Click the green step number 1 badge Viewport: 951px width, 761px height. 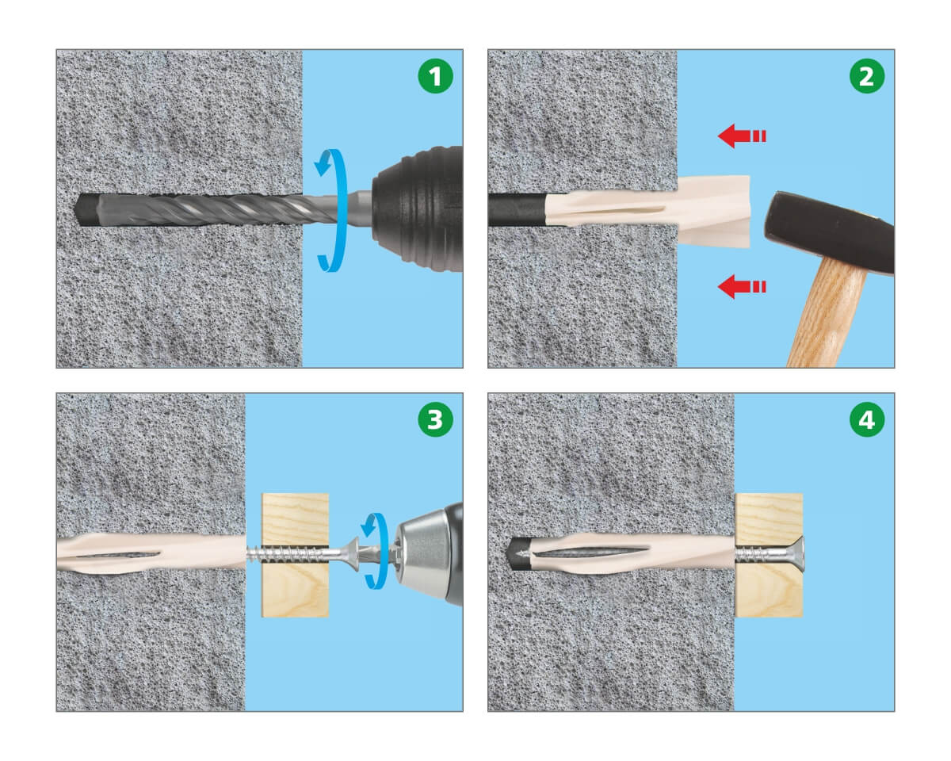[435, 76]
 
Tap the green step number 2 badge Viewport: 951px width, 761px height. [867, 76]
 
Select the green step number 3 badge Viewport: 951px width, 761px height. [435, 419]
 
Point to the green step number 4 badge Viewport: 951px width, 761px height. [867, 419]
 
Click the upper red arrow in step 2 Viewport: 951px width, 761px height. [742, 136]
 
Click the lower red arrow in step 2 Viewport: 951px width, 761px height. [742, 286]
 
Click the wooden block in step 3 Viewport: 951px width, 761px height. [295, 555]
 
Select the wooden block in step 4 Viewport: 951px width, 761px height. [769, 555]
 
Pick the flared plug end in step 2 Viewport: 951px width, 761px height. [714, 212]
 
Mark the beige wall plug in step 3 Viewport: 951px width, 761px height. [151, 554]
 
